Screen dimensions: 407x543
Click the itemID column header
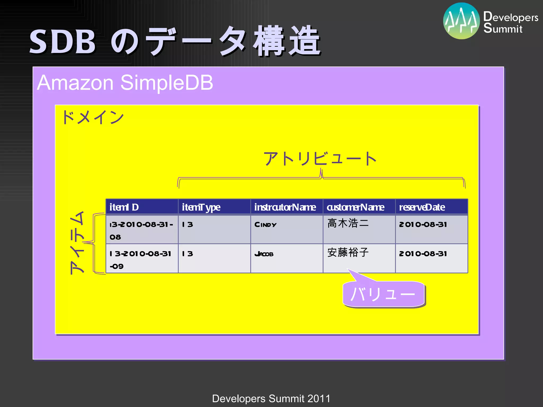pos(142,207)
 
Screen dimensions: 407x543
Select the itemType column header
pos(214,207)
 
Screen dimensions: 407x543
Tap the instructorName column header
pos(287,207)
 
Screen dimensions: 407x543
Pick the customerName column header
pos(359,207)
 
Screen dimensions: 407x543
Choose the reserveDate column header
pos(431,207)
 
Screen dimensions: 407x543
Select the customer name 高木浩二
pos(348,223)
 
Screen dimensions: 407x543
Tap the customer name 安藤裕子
pos(348,253)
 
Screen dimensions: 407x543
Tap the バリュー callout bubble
pos(383,294)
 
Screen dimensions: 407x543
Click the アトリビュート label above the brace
pos(320,159)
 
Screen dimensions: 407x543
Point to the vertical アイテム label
pos(77,242)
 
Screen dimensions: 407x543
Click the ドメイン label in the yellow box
pos(93,117)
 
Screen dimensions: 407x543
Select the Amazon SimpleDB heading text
pos(125,83)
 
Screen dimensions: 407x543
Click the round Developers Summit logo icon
pos(461,21)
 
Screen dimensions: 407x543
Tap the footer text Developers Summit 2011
pos(271,399)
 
